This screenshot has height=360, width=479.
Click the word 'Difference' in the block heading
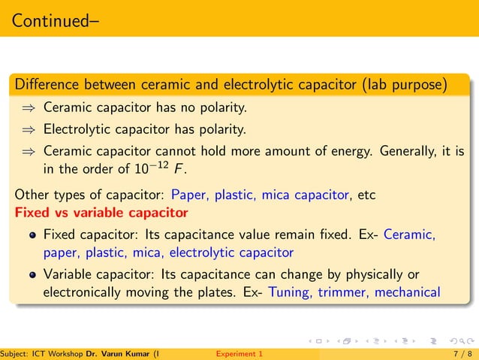point(47,85)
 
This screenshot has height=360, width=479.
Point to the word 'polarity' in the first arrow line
point(223,109)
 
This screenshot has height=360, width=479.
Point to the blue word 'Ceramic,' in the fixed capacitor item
point(410,234)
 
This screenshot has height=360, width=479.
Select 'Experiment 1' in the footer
point(239,353)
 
